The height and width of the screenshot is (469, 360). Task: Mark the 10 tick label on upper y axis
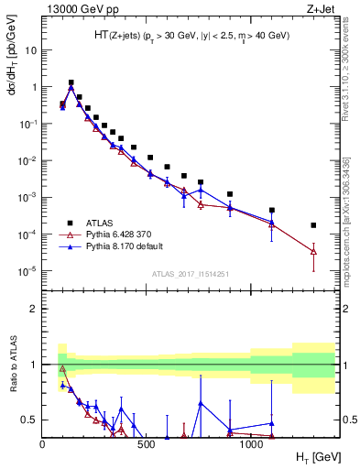[29, 50]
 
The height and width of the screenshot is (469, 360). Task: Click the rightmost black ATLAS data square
[313, 225]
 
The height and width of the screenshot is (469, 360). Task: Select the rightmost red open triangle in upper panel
[313, 251]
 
